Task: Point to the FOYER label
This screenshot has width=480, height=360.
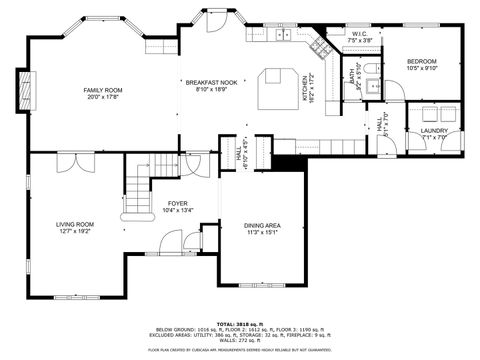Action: coord(178,203)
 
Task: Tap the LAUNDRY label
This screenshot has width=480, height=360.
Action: coord(433,130)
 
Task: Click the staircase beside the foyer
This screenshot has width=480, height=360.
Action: coord(136,195)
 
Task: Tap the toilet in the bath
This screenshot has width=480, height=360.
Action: coord(372,69)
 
